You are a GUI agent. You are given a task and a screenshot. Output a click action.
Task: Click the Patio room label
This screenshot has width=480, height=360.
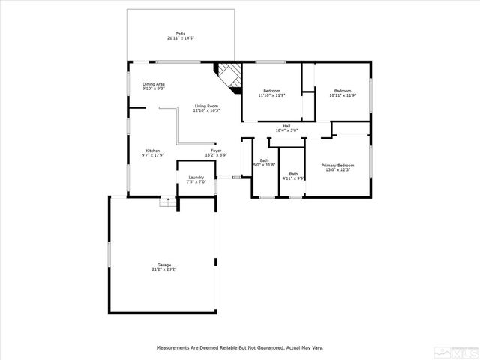coord(180,33)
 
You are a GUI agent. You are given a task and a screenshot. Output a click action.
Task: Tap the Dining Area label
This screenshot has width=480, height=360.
coord(154,84)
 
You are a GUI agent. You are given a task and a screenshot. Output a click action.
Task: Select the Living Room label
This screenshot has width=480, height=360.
coord(206,106)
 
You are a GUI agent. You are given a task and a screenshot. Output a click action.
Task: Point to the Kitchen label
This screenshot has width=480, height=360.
coord(152,151)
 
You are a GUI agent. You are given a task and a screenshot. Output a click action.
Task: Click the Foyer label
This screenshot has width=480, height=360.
coord(216,151)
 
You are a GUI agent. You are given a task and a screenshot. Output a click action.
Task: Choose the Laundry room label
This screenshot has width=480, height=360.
coord(196,178)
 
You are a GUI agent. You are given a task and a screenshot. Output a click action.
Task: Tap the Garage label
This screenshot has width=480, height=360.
coord(164,264)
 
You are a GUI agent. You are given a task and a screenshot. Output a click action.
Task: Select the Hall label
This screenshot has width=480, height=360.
coord(286,126)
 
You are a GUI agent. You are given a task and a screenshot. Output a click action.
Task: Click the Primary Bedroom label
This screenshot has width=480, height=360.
coord(337,165)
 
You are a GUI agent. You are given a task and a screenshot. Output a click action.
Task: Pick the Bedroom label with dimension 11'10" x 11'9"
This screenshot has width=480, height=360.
coord(271,91)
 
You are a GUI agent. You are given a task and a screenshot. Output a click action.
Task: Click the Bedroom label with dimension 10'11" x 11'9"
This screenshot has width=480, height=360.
coord(342,91)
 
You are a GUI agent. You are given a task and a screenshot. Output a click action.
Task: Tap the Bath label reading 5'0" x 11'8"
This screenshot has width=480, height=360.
coord(264,160)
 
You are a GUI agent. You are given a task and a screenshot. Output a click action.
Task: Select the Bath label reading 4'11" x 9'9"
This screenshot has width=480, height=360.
coord(293,174)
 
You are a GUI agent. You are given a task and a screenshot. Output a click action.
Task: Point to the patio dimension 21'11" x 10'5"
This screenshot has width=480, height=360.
coord(180,37)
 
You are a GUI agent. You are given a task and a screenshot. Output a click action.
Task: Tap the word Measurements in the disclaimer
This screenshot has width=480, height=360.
coord(174,347)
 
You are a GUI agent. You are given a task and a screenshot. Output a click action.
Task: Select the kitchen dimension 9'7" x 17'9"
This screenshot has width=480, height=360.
coord(152,155)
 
